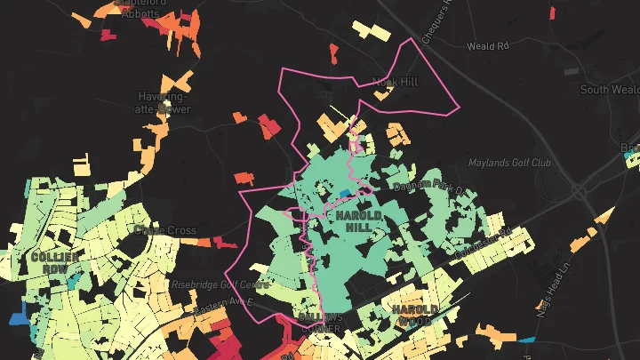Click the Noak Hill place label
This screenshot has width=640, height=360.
(x=395, y=82)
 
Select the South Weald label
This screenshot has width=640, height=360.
(x=609, y=89)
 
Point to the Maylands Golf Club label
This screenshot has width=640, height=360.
(x=510, y=164)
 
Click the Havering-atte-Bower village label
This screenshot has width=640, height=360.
(x=164, y=102)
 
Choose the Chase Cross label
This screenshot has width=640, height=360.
(x=164, y=230)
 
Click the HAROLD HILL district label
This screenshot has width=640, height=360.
(x=359, y=221)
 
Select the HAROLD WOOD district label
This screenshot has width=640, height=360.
(x=414, y=314)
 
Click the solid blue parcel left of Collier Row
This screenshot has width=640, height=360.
(x=17, y=316)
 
